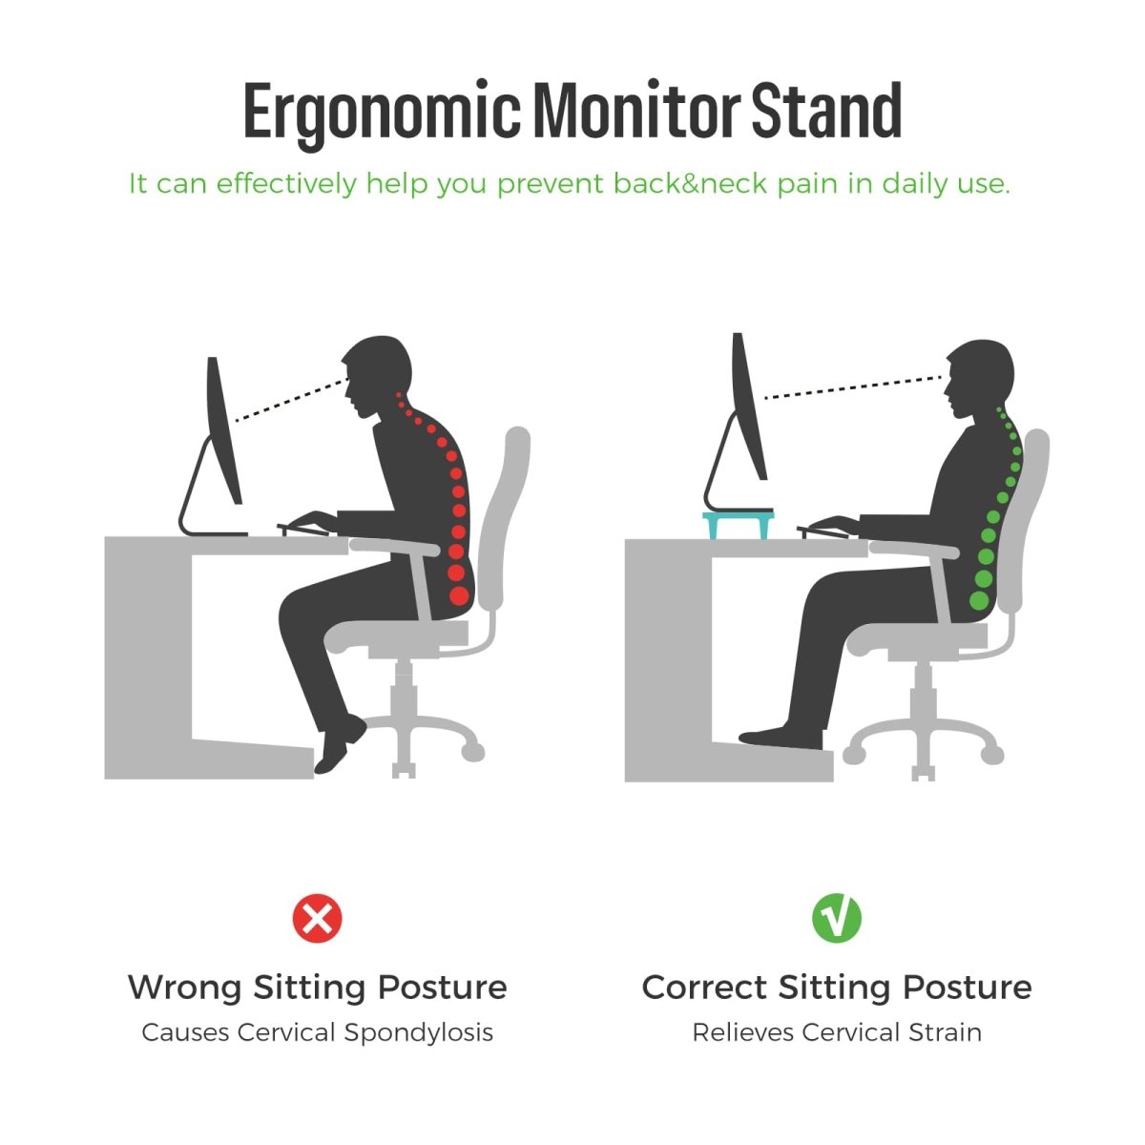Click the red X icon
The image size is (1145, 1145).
click(x=317, y=919)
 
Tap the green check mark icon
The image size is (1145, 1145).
click(x=836, y=919)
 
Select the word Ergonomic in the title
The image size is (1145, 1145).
click(x=382, y=112)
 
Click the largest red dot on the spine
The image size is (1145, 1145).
click(x=459, y=595)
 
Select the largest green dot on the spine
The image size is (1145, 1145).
click(x=980, y=600)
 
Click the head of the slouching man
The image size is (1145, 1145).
click(x=378, y=372)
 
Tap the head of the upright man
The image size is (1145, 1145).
click(x=979, y=377)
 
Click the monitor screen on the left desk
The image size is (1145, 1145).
click(x=223, y=429)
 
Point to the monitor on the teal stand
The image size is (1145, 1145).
click(x=746, y=406)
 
